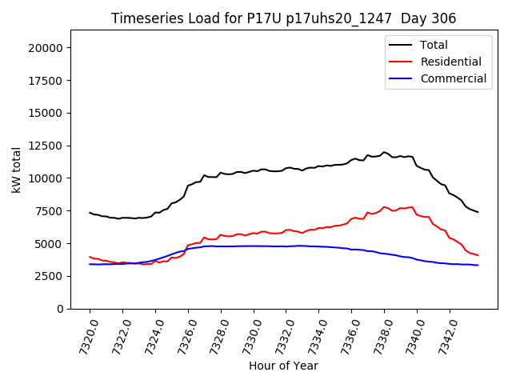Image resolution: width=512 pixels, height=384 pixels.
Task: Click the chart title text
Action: [284, 18]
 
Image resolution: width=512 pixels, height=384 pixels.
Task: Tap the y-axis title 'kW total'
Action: [16, 169]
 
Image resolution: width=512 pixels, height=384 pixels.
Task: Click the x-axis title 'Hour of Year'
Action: [283, 366]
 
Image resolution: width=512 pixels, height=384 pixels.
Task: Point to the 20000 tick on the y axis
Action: [46, 48]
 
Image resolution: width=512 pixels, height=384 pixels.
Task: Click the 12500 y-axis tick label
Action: [46, 146]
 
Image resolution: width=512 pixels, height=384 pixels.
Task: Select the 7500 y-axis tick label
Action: [49, 211]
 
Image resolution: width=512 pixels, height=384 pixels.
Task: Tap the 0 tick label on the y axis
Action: [60, 309]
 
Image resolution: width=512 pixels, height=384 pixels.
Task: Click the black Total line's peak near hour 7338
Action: [384, 152]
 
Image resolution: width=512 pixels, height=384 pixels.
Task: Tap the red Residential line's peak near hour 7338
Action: [384, 206]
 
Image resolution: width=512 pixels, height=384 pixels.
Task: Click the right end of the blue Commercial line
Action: [478, 265]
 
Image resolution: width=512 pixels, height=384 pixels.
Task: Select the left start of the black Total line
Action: [90, 212]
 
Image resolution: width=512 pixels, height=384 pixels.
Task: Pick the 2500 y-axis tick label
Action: [49, 276]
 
